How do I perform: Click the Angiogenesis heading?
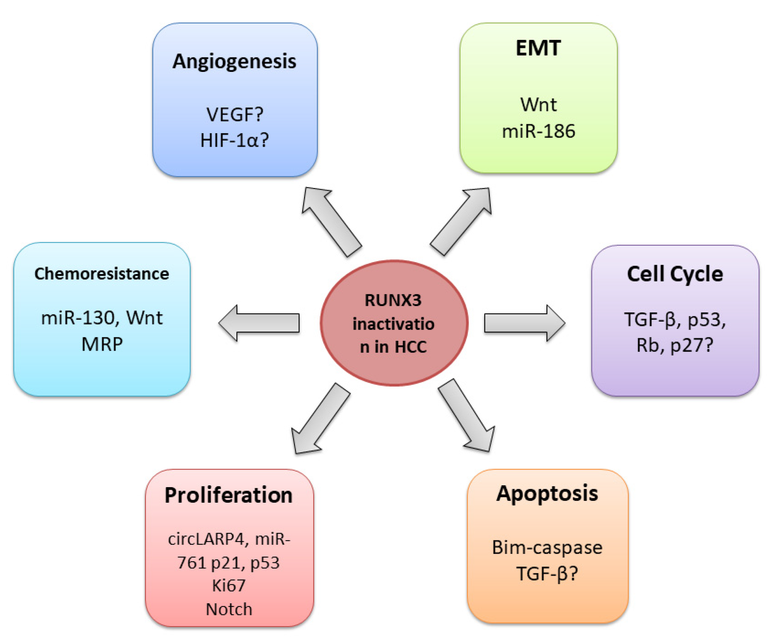tap(234, 62)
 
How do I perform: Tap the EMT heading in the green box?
tap(538, 48)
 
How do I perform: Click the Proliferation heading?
tap(229, 495)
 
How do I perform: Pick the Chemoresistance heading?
tap(102, 274)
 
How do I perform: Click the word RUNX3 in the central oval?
tap(393, 300)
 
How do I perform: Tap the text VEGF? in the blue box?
tap(235, 114)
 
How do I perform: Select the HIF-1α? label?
tap(235, 140)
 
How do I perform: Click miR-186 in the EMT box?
tap(538, 131)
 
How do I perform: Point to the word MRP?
tap(102, 344)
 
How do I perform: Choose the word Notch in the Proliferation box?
tap(229, 609)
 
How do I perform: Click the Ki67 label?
tap(229, 585)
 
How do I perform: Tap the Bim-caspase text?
tap(547, 547)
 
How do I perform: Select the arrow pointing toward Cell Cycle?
tap(525, 323)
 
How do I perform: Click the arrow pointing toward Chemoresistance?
tap(259, 323)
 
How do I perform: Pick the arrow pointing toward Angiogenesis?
tap(331, 222)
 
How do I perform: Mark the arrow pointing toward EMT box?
tap(461, 221)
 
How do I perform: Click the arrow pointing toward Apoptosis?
tap(467, 415)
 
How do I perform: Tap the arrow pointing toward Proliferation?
tap(320, 419)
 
